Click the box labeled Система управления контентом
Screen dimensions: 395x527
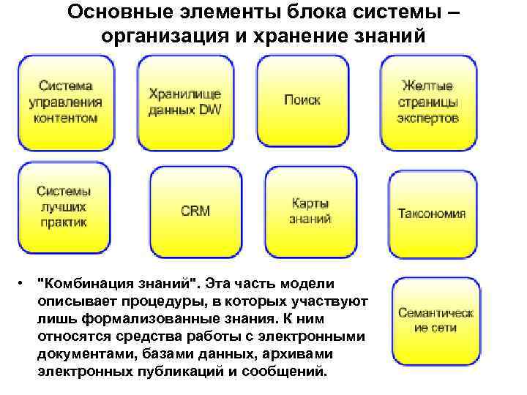65,102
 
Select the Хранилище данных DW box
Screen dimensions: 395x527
184,102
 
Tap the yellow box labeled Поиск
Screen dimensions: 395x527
302,101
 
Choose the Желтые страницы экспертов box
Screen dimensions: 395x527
428,102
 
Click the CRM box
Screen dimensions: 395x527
195,211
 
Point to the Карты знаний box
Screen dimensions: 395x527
310,211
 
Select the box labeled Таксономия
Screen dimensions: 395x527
432,214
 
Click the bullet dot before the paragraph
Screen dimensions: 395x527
24,282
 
